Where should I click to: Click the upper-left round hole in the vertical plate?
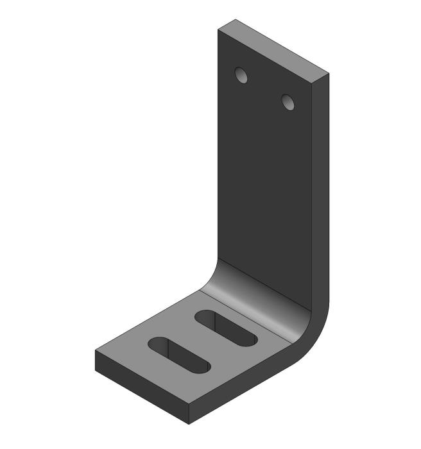pyautogui.click(x=241, y=76)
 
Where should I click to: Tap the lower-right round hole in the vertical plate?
pyautogui.click(x=288, y=101)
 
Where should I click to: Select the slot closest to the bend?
pyautogui.click(x=226, y=328)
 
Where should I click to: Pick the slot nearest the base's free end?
pyautogui.click(x=179, y=355)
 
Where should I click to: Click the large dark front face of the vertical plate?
pyautogui.click(x=263, y=186)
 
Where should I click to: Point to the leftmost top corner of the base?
pyautogui.click(x=96, y=352)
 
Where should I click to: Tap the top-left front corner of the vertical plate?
pyautogui.click(x=218, y=29)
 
